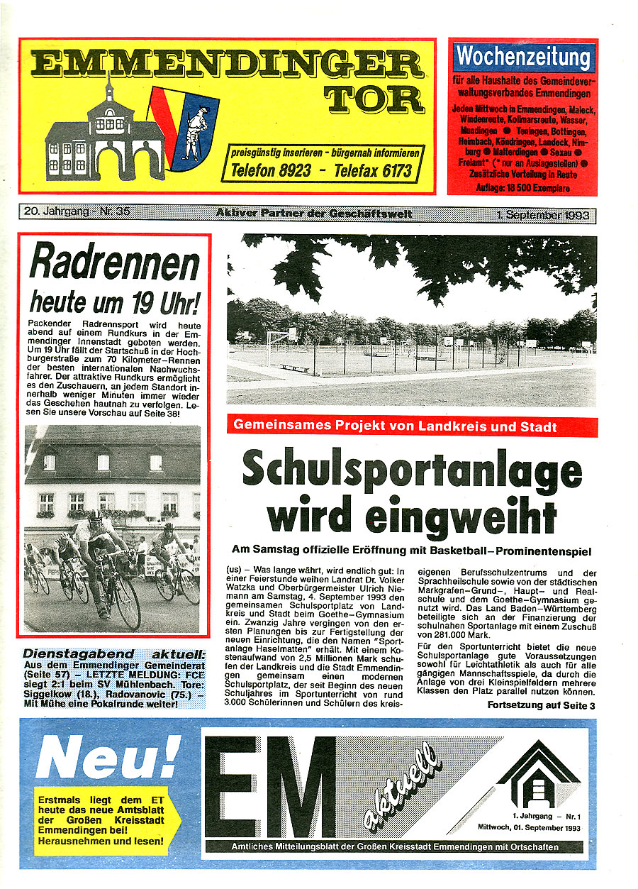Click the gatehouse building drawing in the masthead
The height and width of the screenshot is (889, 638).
[x=104, y=139]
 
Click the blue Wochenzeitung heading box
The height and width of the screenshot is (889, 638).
[x=523, y=56]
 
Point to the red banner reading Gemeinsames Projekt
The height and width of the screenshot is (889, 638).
[x=412, y=426]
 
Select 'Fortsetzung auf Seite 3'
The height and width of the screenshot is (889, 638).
[x=541, y=705]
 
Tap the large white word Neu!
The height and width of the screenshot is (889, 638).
[x=108, y=758]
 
